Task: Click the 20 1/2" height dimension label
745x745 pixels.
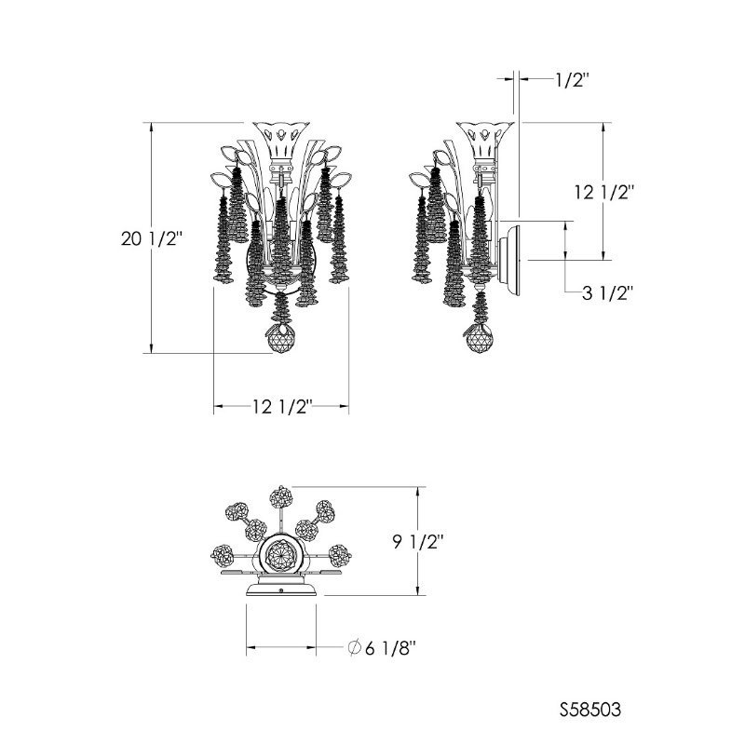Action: (152, 239)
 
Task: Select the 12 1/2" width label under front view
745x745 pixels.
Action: (282, 407)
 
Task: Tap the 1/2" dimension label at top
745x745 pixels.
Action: (573, 80)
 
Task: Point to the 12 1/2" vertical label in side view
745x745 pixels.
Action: (604, 193)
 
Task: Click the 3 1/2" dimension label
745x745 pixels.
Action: (608, 293)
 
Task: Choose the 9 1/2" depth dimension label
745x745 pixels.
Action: (418, 542)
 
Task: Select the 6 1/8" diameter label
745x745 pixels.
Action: (390, 647)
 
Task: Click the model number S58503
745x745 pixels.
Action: (590, 710)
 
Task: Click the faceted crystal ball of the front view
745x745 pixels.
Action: (281, 340)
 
